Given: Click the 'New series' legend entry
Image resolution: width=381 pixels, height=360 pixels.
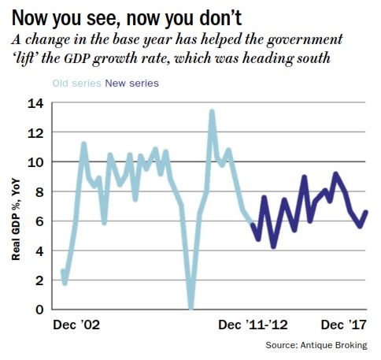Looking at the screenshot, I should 133,83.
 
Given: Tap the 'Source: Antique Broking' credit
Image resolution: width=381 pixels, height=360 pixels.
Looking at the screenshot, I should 320,345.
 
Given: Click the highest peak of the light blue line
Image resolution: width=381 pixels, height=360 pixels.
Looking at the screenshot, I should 212,111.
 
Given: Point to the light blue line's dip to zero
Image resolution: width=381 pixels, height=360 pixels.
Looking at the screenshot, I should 191,307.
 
